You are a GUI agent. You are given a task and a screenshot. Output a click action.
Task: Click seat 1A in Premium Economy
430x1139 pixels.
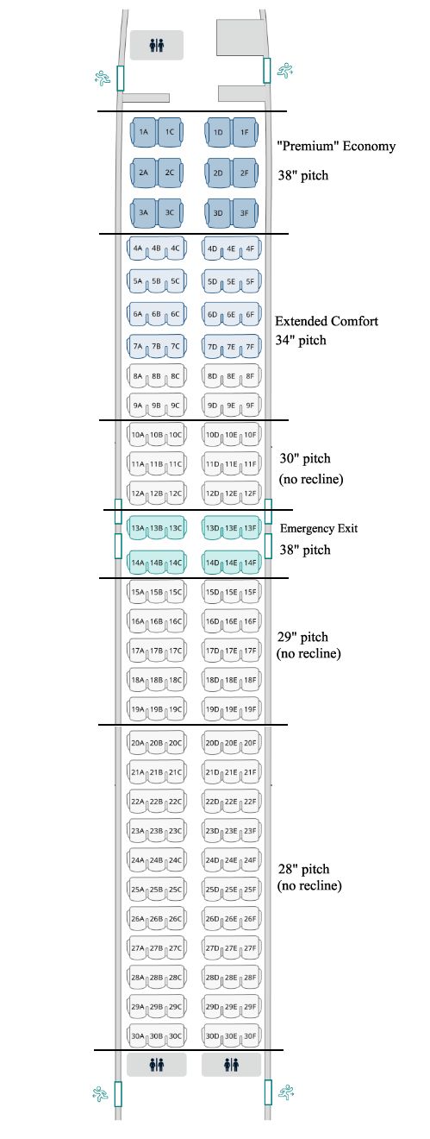[144, 132]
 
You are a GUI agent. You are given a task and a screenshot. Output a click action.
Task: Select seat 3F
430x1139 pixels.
[245, 213]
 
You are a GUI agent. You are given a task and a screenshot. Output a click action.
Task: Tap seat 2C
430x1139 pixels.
[170, 173]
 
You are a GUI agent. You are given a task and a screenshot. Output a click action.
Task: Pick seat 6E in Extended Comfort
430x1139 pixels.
[231, 314]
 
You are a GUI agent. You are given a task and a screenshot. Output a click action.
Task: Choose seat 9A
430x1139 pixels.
[137, 406]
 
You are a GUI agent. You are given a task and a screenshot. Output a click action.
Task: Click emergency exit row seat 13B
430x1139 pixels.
[156, 528]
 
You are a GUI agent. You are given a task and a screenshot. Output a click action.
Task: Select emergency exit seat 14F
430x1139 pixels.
[250, 563]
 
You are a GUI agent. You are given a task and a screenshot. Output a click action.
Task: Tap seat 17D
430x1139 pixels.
[212, 651]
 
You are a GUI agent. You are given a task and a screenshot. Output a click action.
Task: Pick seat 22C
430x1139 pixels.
[175, 802]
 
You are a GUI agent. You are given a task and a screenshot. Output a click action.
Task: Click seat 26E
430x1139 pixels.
[231, 919]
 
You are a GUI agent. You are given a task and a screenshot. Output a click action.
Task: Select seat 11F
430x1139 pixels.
[250, 463]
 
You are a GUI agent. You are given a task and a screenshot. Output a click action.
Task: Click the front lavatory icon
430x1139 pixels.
[157, 45]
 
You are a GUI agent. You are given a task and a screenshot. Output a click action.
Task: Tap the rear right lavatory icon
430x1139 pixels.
[231, 1064]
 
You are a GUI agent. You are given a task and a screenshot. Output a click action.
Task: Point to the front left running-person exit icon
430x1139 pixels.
[103, 78]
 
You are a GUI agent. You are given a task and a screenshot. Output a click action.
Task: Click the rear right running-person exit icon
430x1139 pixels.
[286, 1092]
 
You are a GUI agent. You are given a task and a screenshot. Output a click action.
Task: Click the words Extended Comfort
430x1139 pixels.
[327, 321]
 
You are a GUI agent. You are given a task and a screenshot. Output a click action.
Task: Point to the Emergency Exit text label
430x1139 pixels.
[319, 528]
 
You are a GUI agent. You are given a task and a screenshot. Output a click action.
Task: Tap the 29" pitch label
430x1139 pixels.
[302, 637]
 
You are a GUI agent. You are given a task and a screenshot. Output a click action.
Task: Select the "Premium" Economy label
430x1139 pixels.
[336, 147]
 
